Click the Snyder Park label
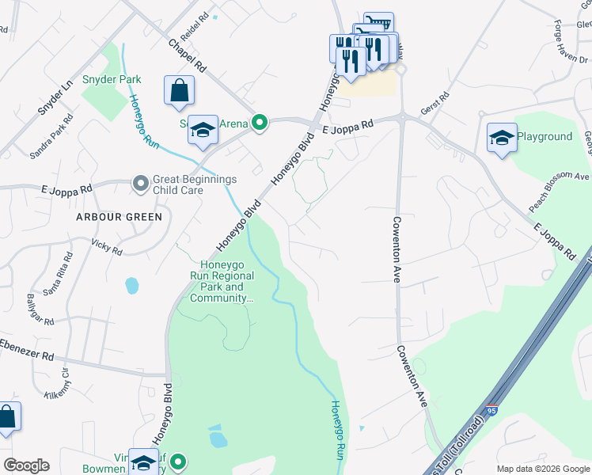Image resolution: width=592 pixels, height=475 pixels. coord(112,79)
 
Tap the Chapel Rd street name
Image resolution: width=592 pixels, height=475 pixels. coord(188,55)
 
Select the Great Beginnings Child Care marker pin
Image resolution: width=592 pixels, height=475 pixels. coord(141,184)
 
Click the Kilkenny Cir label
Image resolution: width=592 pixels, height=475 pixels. coord(58,388)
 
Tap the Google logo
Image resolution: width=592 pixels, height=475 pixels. coord(26,465)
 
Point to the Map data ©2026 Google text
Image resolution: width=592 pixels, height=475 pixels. coord(542,469)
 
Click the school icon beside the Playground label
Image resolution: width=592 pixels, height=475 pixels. coord(502,139)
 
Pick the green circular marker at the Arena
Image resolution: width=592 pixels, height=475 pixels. coord(259,123)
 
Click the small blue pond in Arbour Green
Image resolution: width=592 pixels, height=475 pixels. coord(132,284)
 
